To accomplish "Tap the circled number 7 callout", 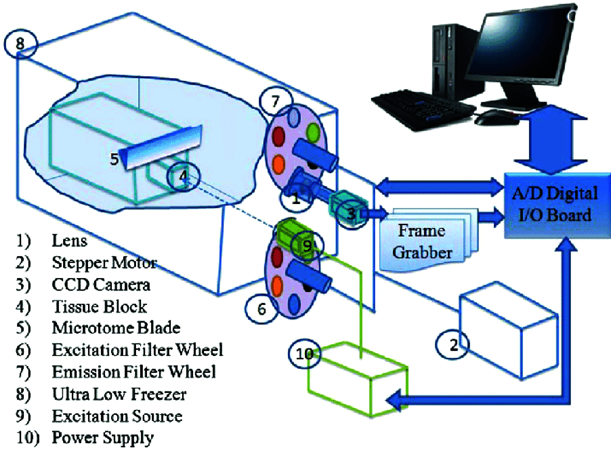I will tap(276, 101).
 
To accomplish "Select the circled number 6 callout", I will tap(261, 309).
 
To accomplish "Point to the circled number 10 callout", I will tap(304, 354).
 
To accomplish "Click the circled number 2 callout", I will tap(452, 344).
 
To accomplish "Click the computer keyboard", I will tap(423, 108).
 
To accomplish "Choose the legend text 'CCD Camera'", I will tap(101, 285).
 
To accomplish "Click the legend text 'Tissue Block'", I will tap(99, 307).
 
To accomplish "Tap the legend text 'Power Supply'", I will tap(103, 438).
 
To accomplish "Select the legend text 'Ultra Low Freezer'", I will tap(119, 394).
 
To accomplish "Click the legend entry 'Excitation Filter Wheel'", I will tap(138, 350).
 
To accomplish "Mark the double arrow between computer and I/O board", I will tap(551, 140).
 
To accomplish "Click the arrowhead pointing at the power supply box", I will tap(395, 400).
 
